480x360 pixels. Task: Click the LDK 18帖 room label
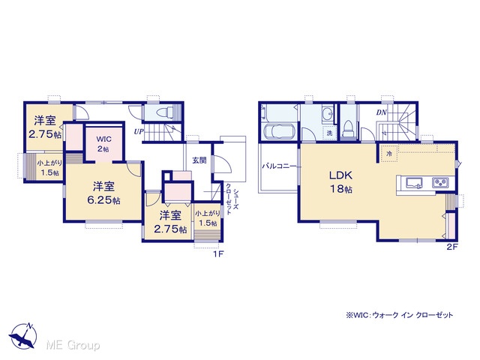coord(340,181)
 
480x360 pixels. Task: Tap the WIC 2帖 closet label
coord(103,144)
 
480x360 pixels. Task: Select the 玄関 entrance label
coord(199,160)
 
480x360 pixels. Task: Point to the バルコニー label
coord(279,166)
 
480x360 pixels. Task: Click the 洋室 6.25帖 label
coord(103,193)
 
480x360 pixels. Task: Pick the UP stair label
coord(139,132)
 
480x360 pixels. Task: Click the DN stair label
coord(382,112)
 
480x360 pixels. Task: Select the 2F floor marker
coord(452,247)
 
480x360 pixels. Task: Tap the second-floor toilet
coord(348,128)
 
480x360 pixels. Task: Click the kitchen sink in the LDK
coord(414,183)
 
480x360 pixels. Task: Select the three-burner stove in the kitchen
coord(440,183)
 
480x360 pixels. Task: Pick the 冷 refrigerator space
coord(389,153)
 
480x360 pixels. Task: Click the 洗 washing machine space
coord(329,133)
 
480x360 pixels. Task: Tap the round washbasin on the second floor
coord(328,114)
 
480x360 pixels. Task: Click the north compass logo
coord(23,335)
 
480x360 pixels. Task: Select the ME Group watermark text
coord(73,346)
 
